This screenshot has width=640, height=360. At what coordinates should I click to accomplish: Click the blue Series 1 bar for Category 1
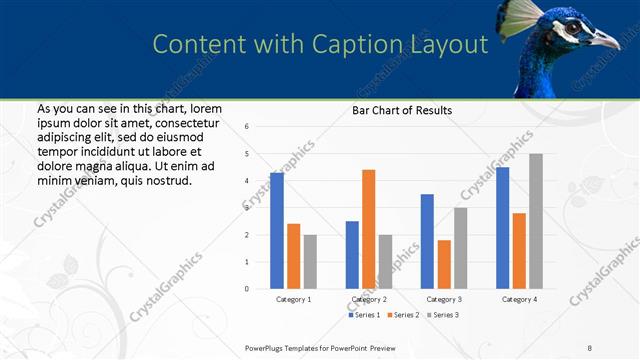point(277,231)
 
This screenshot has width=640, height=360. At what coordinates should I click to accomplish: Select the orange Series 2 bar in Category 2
point(368,229)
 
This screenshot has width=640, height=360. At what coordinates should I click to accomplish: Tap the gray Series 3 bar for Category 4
point(536,221)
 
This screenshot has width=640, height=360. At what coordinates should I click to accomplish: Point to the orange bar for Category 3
point(443,264)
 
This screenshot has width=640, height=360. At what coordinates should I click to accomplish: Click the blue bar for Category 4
point(502,228)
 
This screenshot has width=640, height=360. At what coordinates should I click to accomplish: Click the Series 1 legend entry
point(365,315)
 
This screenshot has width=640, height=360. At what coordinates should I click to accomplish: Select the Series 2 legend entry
point(403,315)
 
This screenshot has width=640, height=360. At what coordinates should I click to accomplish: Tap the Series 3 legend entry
point(441,315)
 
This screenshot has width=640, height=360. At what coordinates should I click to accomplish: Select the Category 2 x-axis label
point(368,299)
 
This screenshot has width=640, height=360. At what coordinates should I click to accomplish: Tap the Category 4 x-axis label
point(519,299)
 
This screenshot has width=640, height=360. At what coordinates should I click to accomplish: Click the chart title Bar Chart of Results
point(402,110)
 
